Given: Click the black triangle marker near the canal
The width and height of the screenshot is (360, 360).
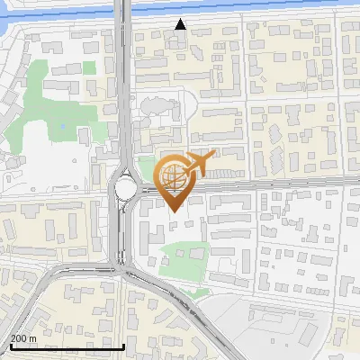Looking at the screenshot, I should (181, 24).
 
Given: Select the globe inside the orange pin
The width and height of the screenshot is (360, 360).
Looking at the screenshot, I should (173, 177).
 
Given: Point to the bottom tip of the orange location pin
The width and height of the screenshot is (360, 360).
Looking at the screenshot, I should (173, 211).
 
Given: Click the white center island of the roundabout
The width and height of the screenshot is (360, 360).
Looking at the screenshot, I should (125, 188).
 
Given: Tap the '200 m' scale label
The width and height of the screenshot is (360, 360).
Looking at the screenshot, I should (23, 338).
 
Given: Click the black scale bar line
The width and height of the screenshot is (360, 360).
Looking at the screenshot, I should (67, 346).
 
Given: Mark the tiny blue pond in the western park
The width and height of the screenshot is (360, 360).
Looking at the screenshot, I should (62, 125).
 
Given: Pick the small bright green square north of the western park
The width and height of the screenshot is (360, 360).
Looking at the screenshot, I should (88, 67).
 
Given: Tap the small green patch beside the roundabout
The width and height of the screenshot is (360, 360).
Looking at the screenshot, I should (147, 168).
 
